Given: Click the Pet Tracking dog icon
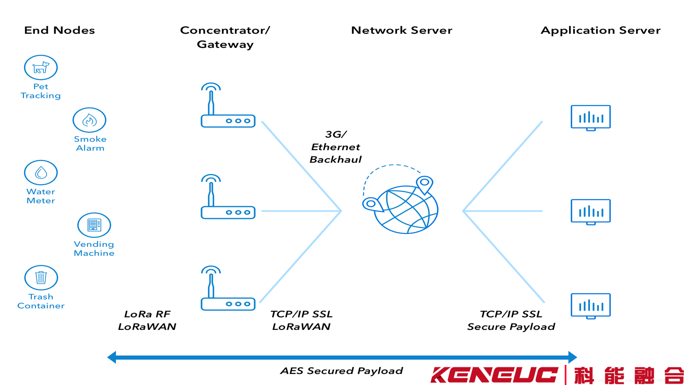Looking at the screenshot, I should point(41,68).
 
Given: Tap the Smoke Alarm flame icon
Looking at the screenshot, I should point(89,120).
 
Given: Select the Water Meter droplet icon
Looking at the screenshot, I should point(41,173).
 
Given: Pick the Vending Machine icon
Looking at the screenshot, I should point(94,225).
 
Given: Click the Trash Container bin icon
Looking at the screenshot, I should point(41,278).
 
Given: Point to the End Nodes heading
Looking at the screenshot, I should point(59,30).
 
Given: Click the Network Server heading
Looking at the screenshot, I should point(401,30).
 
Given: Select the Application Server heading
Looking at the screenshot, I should point(600,30).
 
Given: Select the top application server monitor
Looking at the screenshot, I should point(590,118).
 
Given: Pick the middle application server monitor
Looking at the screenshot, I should point(590,212).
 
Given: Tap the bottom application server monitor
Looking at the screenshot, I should point(590,306).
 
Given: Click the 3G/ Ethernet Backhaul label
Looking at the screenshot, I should point(336,147).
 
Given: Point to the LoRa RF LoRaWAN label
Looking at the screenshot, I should point(147,320).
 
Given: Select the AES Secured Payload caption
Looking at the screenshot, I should point(341,371).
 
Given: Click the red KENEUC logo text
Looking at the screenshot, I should point(494,375).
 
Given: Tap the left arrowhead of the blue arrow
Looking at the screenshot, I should point(112,357).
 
